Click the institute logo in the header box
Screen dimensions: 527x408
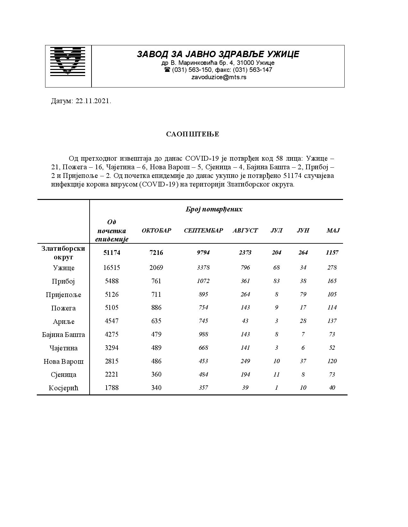point(68,61)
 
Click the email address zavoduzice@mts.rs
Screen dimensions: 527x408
point(219,77)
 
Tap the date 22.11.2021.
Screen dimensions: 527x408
point(93,101)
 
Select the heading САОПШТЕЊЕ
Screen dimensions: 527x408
point(193,134)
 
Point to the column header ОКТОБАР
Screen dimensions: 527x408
point(156,231)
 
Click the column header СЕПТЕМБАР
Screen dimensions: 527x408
point(203,231)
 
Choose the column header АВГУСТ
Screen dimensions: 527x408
point(245,231)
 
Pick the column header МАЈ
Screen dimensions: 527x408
point(333,231)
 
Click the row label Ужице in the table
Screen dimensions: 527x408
point(64,268)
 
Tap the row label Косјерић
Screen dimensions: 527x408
point(64,388)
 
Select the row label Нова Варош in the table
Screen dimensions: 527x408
point(64,362)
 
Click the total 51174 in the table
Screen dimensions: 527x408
point(112,253)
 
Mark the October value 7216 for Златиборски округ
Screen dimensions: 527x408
point(156,253)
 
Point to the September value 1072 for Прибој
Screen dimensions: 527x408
point(203,281)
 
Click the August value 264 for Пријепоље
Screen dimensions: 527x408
point(245,294)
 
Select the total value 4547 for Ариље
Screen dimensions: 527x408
point(112,321)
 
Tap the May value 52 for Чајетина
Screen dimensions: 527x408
point(332,348)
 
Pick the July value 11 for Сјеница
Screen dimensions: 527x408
point(276,374)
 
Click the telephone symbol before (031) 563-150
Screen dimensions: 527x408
point(167,70)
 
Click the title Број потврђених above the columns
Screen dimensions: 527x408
point(214,210)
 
